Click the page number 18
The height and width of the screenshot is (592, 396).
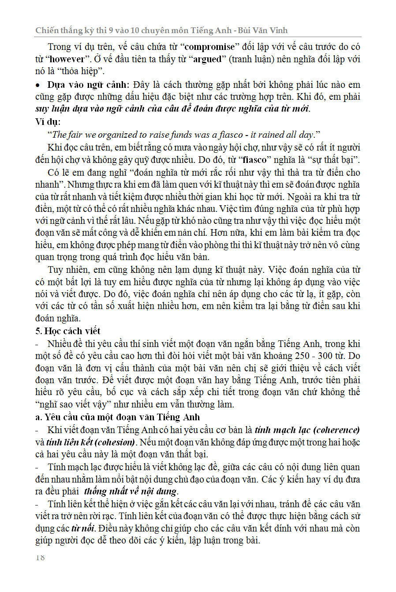[40, 558]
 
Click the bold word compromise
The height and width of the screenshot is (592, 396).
[210, 47]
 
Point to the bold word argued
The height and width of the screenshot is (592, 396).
[207, 59]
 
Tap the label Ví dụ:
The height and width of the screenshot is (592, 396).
[48, 121]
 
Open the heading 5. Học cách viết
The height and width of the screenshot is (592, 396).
[68, 331]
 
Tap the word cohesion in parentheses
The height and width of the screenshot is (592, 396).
[115, 442]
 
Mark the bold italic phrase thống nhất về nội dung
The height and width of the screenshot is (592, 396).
[131, 491]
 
